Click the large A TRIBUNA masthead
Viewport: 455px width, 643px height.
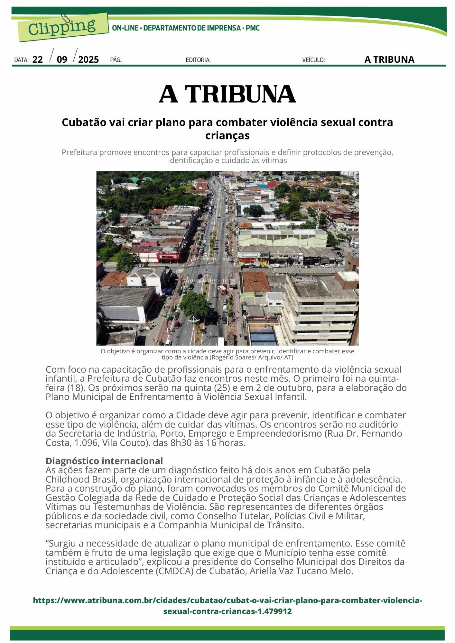pos(227,94)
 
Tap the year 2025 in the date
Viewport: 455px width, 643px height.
pos(88,59)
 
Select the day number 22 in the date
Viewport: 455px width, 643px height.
pos(38,59)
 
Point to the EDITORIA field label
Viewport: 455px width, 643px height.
pos(198,60)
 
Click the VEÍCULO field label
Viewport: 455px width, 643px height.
pos(313,60)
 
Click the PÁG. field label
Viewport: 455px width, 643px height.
pos(116,60)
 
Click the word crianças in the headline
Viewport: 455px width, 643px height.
pos(227,136)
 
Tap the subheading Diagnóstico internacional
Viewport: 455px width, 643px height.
pos(104,461)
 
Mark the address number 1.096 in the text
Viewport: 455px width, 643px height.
pos(86,443)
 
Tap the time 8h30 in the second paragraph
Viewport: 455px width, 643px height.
pos(181,443)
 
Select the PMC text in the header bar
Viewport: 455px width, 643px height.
pos(253,28)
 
